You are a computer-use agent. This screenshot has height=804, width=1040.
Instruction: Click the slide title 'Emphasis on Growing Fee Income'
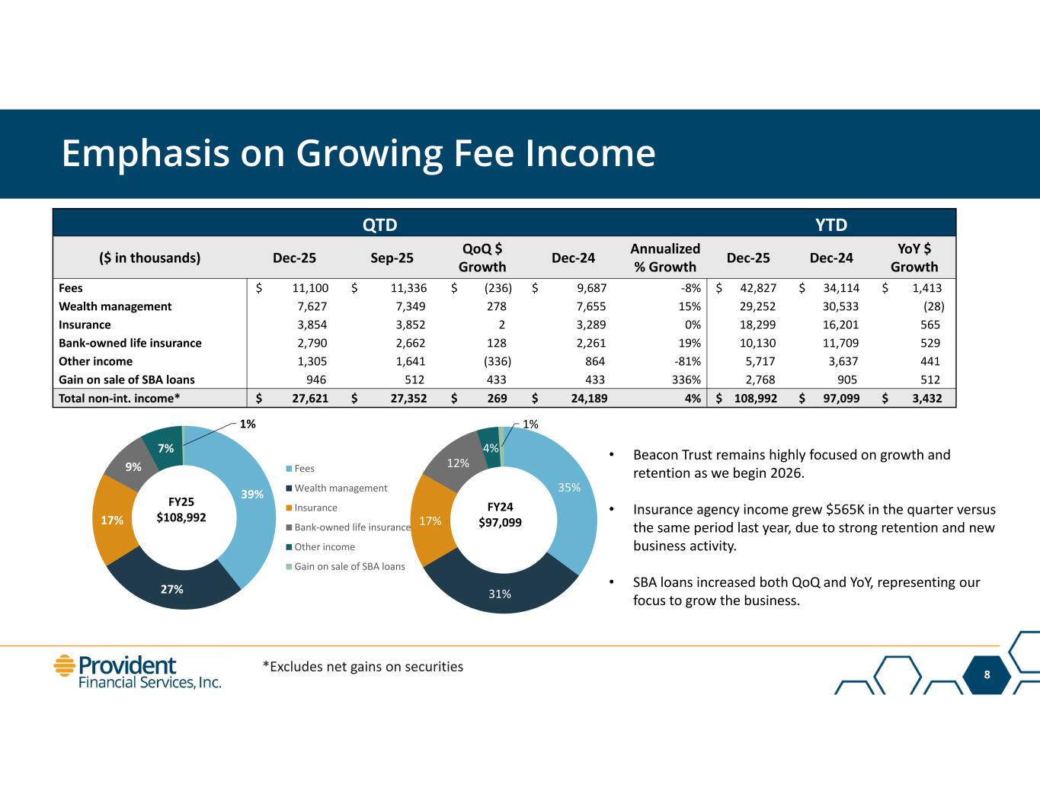[x=358, y=153]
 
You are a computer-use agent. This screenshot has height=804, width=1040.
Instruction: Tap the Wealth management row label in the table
[x=115, y=306]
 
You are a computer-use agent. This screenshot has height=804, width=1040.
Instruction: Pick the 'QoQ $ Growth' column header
[x=482, y=258]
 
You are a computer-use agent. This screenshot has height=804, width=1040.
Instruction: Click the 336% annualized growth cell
[x=685, y=380]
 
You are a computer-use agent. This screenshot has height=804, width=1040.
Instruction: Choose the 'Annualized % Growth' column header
[x=664, y=258]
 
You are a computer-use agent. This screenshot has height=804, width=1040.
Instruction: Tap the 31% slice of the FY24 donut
[x=500, y=594]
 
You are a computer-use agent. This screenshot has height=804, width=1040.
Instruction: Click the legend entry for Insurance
[x=315, y=508]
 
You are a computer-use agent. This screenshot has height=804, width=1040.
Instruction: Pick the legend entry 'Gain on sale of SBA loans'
[x=349, y=566]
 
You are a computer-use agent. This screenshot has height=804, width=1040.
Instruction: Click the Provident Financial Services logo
[x=137, y=671]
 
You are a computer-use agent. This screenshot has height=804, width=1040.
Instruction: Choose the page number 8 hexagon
[x=987, y=674]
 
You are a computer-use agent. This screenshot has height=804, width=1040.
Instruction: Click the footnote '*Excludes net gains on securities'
[x=363, y=667]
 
